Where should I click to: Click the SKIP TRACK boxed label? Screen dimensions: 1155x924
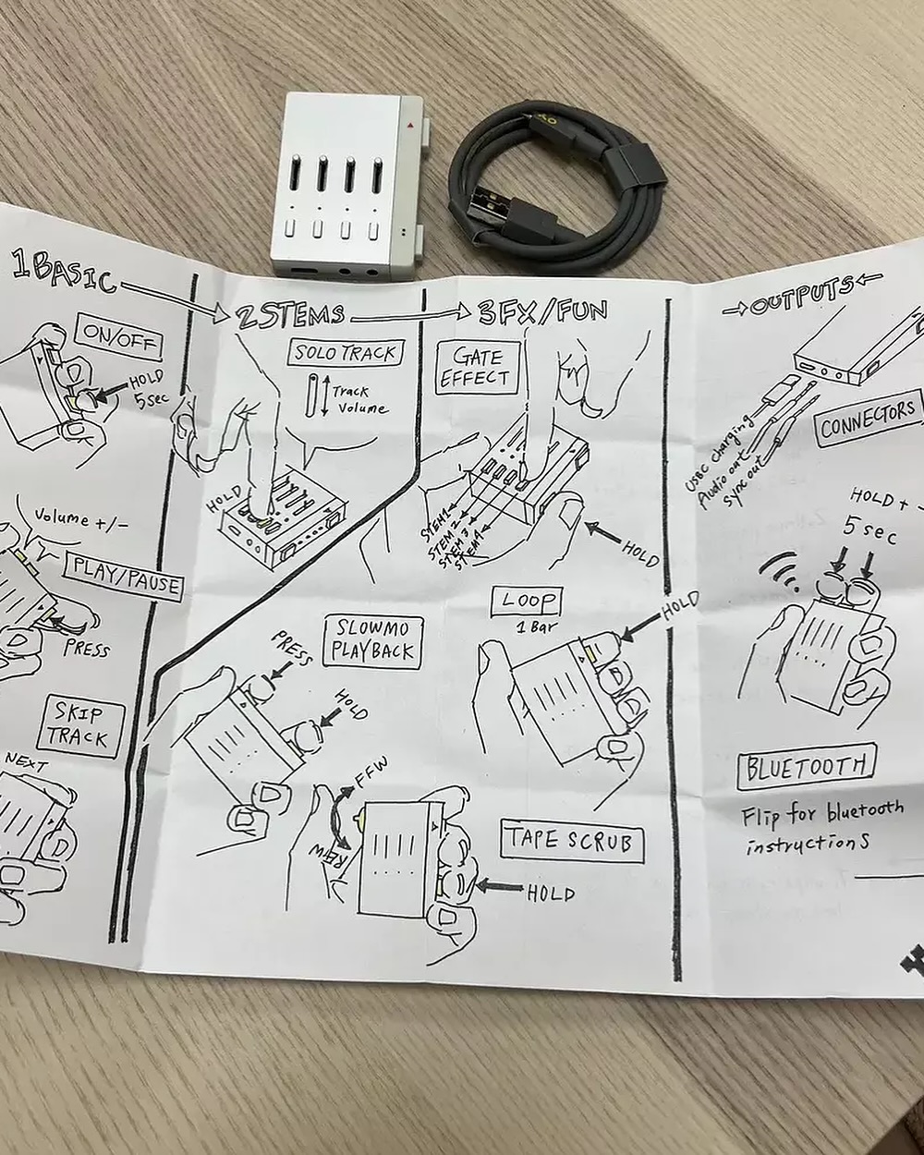pyautogui.click(x=78, y=725)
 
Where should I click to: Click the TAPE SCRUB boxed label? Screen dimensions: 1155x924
pyautogui.click(x=570, y=842)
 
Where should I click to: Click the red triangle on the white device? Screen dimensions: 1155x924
pyautogui.click(x=407, y=122)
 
